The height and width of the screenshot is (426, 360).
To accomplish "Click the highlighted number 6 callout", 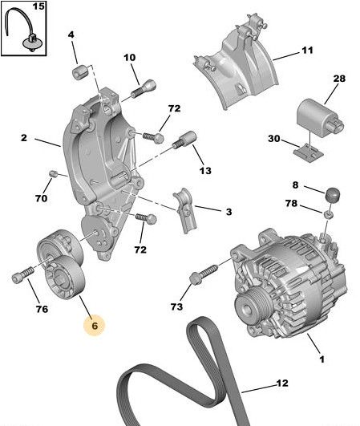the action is [x=94, y=326].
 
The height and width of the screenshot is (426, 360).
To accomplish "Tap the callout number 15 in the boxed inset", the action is [x=38, y=6].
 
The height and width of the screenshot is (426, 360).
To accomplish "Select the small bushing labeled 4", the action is [x=79, y=72].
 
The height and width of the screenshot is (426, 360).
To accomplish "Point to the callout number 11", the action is [x=307, y=51].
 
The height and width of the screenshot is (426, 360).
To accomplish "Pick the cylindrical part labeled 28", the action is [x=319, y=118].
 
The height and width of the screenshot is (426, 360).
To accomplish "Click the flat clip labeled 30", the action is [x=309, y=153].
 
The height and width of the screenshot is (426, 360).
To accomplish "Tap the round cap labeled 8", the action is [x=333, y=194].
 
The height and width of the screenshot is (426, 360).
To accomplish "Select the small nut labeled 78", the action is [x=329, y=215].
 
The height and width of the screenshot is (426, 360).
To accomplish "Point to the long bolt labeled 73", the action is [x=204, y=274].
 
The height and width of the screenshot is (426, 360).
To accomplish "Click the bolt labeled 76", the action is [x=22, y=274].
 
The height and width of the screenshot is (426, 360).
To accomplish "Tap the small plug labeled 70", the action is [x=53, y=173].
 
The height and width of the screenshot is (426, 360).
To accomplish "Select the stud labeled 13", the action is [x=184, y=140].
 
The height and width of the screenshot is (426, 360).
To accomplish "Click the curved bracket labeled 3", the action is [x=185, y=211].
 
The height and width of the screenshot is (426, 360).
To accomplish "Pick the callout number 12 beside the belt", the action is [x=282, y=383].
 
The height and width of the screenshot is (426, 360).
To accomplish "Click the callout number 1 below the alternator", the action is [x=322, y=359].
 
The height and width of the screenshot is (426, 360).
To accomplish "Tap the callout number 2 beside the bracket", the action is [x=24, y=138].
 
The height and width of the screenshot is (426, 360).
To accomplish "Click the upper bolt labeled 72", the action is [x=153, y=136].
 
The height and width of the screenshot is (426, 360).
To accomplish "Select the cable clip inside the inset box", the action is [x=32, y=43].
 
